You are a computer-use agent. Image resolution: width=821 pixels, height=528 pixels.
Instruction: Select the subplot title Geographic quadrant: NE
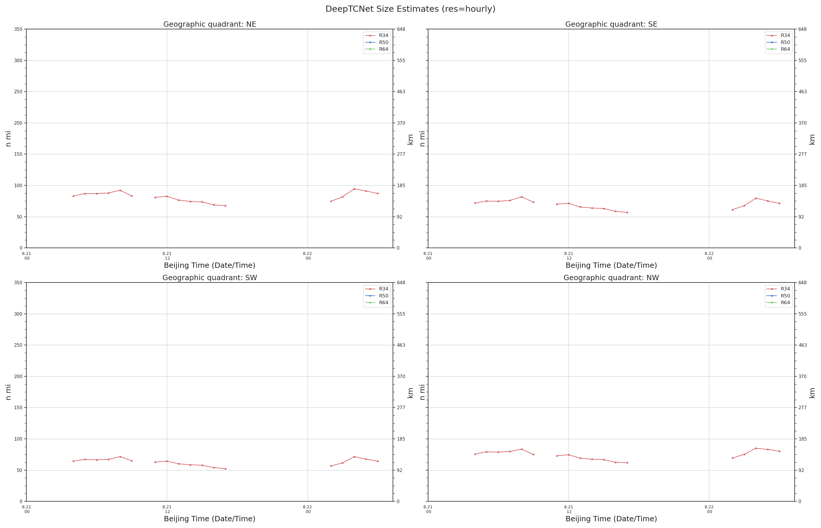[209, 24]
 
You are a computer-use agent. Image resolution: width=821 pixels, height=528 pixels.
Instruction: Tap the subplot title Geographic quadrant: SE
[611, 24]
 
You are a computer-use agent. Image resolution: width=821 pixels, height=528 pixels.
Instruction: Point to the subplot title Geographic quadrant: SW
[209, 278]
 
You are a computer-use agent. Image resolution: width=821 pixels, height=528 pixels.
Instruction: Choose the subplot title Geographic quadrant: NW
[611, 278]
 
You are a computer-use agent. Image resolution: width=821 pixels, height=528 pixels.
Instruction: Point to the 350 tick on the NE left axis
[18, 29]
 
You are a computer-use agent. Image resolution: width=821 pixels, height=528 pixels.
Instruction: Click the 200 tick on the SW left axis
[18, 376]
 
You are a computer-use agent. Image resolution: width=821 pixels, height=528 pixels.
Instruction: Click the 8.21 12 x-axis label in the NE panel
[167, 256]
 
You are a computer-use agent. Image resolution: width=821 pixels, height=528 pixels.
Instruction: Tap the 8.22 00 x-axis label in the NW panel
[709, 509]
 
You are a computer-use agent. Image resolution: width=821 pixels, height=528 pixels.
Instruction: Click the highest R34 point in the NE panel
[354, 189]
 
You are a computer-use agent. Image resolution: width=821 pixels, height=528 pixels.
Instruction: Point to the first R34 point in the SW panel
[73, 461]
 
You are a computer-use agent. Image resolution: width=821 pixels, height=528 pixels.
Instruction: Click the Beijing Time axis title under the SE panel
[611, 265]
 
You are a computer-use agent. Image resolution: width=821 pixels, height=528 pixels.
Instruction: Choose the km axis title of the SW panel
[410, 392]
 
